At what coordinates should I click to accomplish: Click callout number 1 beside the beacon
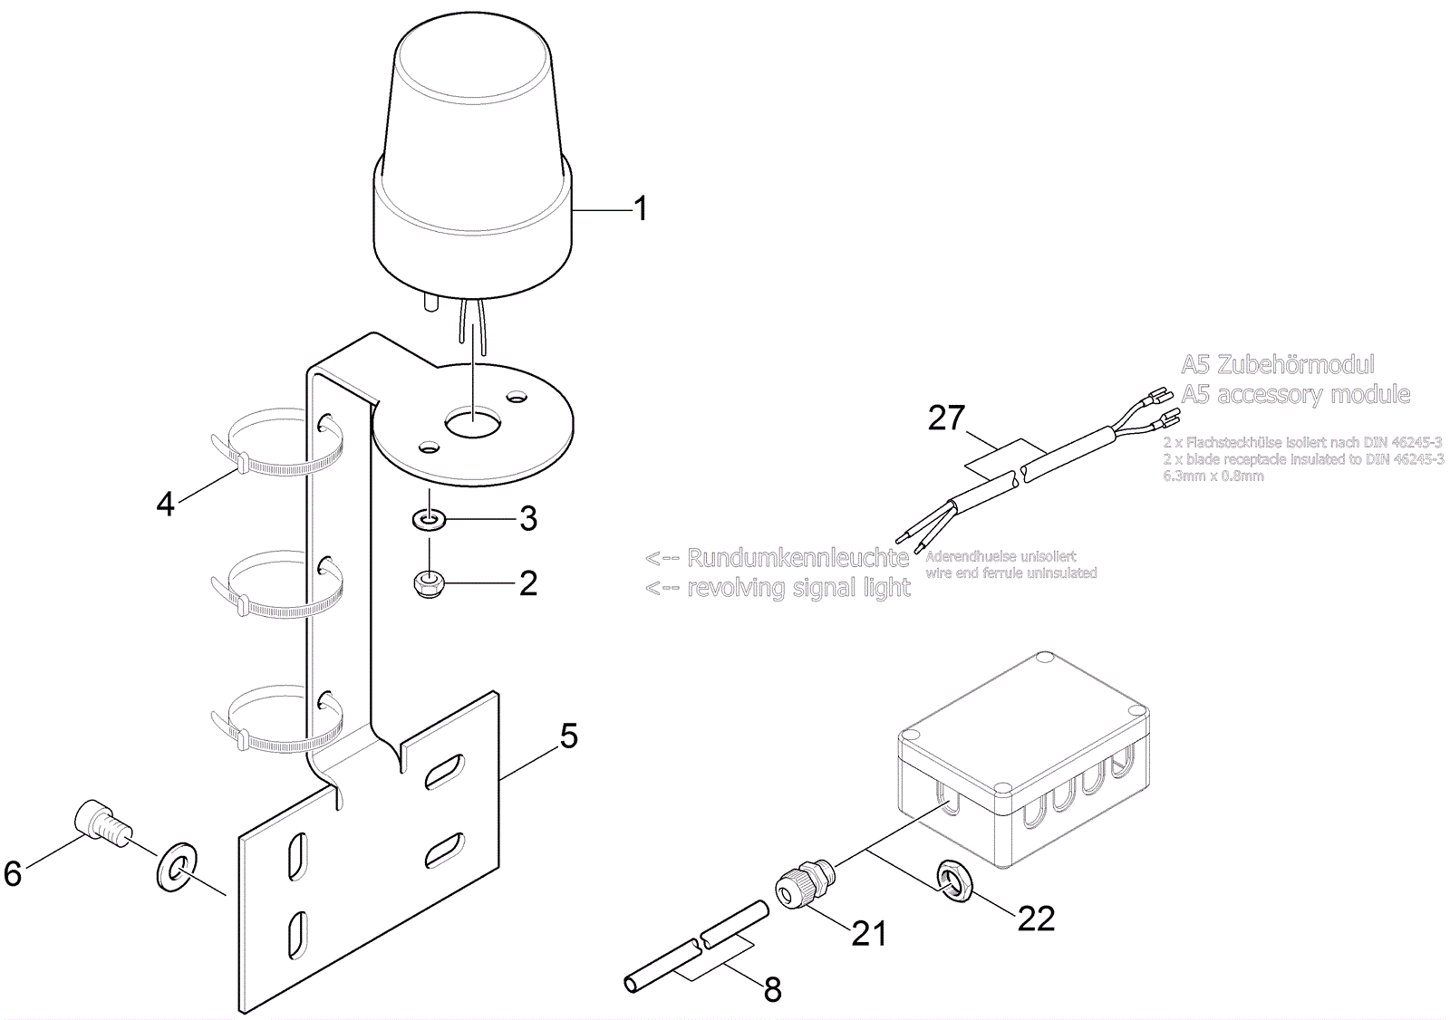(x=641, y=209)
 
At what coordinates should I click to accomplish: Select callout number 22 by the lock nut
(x=1037, y=919)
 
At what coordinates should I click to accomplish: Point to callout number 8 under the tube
(x=772, y=989)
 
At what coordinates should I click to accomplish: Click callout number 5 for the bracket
(x=568, y=736)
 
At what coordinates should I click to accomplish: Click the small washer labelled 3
(x=427, y=520)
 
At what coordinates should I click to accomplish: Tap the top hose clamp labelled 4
(x=281, y=444)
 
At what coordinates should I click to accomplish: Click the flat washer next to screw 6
(x=179, y=866)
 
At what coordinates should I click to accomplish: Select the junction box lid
(x=1023, y=725)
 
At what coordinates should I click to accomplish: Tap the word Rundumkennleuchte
(x=797, y=557)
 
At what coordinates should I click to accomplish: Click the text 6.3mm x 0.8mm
(x=1213, y=476)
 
